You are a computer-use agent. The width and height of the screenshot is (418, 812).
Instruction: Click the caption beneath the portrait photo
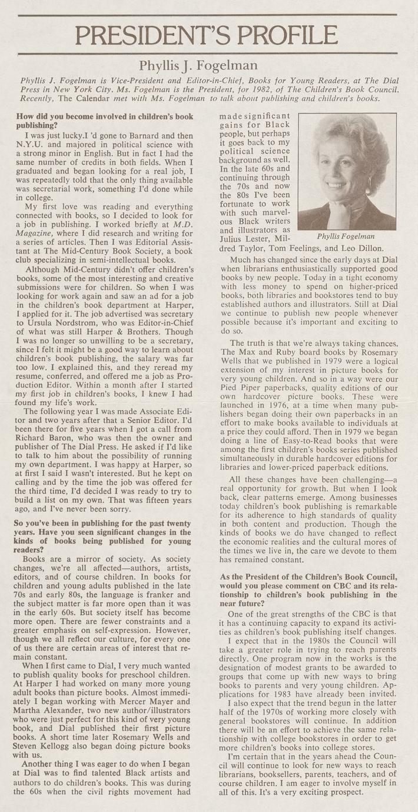point(346,237)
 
